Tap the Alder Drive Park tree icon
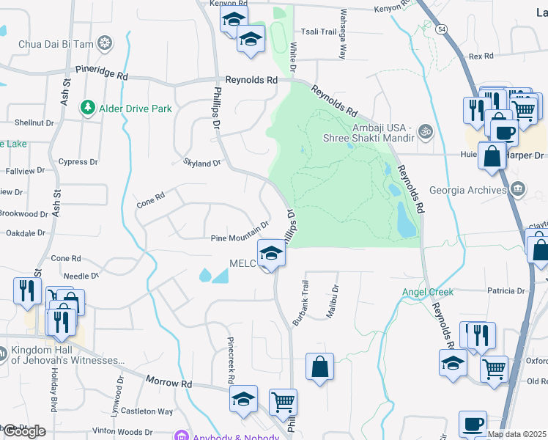[88, 109]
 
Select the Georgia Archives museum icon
[519, 190]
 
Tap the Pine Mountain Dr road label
[240, 232]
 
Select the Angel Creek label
[428, 292]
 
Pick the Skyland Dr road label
[203, 164]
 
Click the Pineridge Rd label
[102, 76]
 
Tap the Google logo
[23, 431]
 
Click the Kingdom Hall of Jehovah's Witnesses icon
[3, 354]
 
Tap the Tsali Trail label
[319, 32]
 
